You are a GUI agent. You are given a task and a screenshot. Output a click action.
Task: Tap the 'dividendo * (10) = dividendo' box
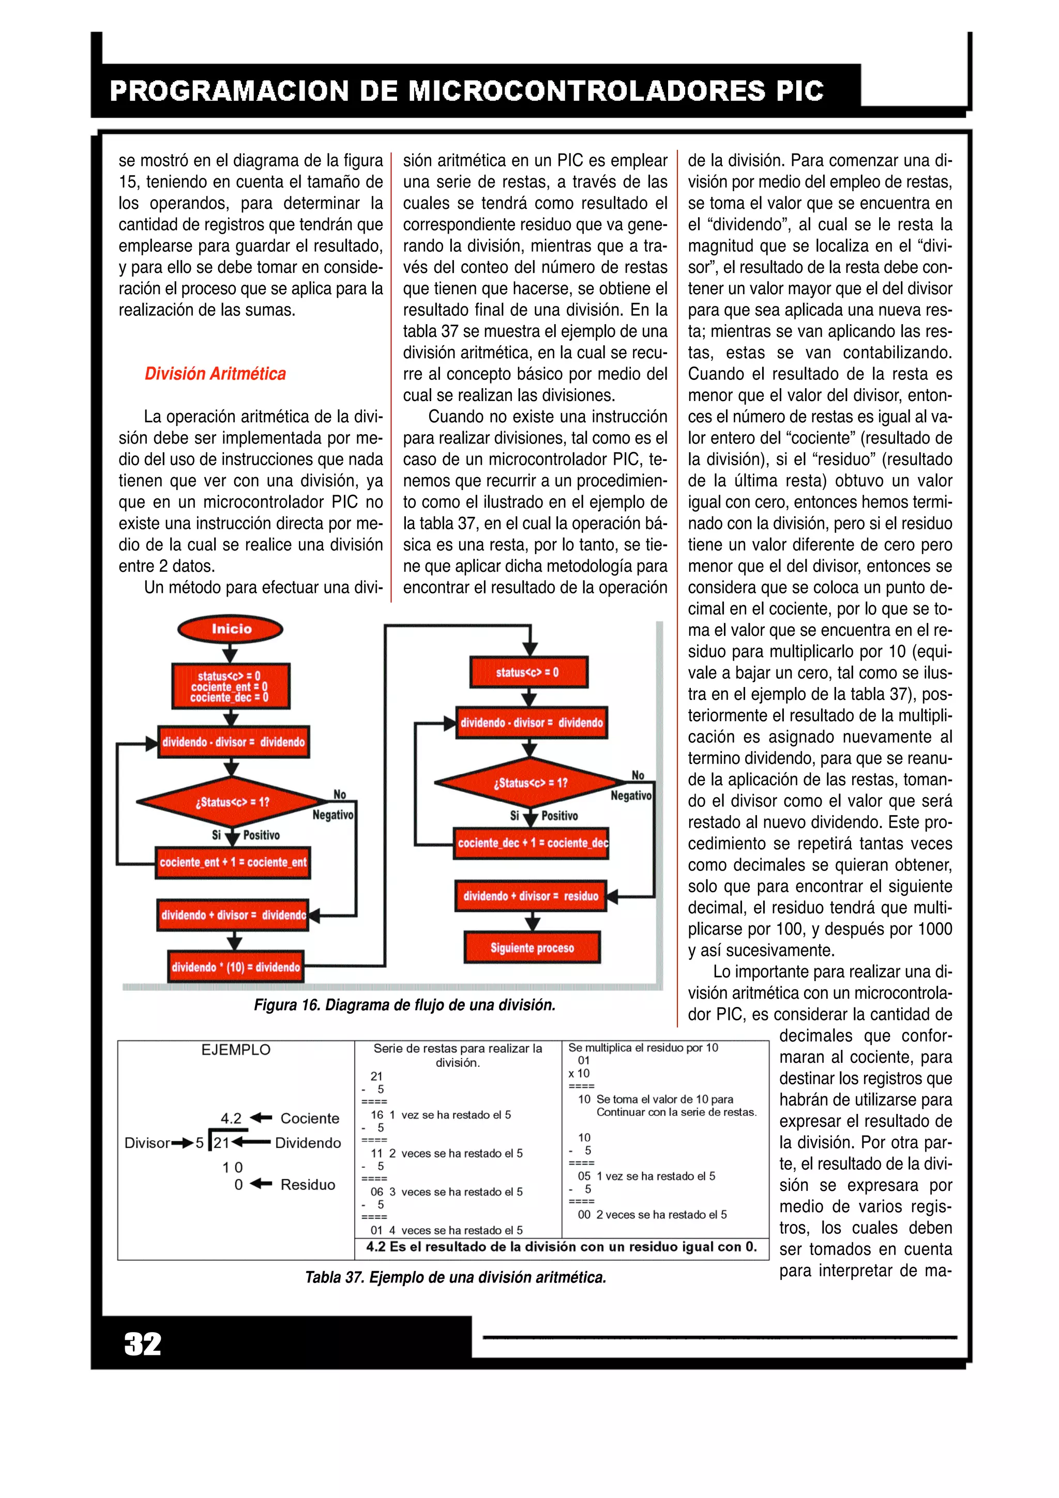click(x=236, y=967)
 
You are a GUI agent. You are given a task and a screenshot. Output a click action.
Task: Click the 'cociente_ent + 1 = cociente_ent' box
click(x=233, y=863)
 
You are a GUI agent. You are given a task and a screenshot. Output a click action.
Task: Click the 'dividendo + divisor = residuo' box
click(x=531, y=896)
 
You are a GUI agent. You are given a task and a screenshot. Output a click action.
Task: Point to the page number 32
click(x=142, y=1344)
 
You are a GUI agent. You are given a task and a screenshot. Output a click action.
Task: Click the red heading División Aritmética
click(x=215, y=374)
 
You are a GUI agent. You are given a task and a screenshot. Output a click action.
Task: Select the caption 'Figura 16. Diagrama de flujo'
click(x=404, y=1005)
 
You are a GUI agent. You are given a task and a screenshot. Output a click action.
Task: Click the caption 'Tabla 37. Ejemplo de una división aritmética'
click(x=456, y=1277)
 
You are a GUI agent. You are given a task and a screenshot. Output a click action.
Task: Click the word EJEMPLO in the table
click(x=236, y=1050)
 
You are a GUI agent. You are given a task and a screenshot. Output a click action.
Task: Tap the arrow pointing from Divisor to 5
click(x=181, y=1143)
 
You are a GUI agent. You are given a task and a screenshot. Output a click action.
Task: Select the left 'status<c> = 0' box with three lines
click(x=230, y=686)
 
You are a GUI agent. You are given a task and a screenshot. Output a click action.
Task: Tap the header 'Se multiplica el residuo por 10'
click(x=643, y=1048)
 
